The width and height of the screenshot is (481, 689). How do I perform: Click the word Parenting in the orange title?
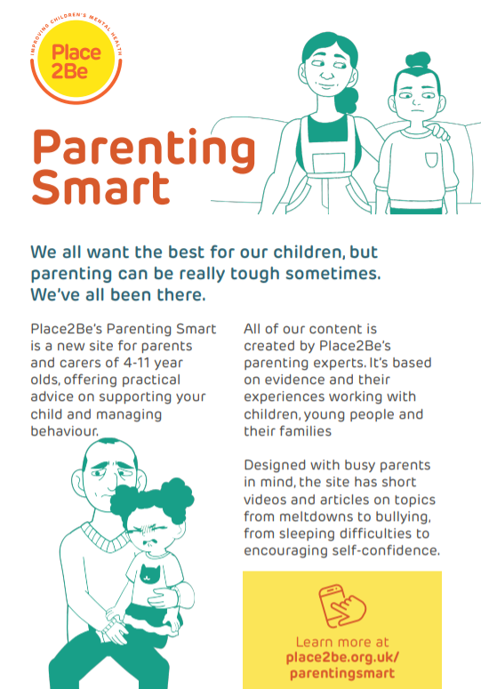tap(144, 151)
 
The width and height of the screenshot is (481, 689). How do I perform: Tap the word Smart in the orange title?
tap(100, 188)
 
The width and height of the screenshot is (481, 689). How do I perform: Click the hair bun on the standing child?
tap(418, 60)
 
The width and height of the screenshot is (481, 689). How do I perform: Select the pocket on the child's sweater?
tap(431, 160)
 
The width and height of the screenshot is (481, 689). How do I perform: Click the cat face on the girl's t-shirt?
tap(149, 573)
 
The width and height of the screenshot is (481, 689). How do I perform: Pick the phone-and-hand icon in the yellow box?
tap(342, 606)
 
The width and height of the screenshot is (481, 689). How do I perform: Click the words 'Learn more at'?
tap(342, 642)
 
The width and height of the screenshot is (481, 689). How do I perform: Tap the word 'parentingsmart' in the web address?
tap(342, 674)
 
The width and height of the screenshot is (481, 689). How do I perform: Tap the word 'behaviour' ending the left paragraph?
tap(64, 431)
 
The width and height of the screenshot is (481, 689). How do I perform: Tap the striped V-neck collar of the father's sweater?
tap(105, 537)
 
